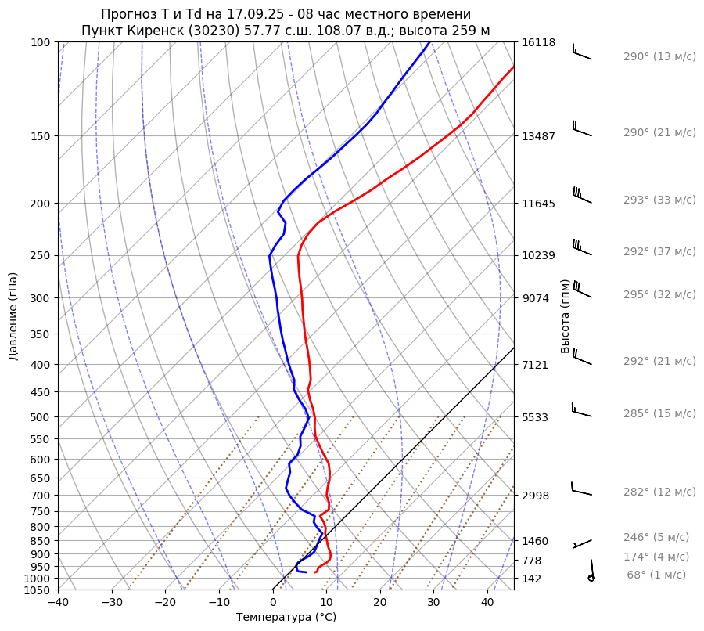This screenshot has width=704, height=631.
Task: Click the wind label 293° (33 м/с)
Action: [659, 200]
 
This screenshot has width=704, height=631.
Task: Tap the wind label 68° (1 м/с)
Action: [656, 575]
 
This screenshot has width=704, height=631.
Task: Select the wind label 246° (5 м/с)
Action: [656, 537]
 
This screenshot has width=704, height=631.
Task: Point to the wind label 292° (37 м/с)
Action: [659, 251]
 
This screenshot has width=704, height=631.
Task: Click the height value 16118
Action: [538, 42]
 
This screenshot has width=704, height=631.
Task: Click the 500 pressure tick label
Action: [41, 416]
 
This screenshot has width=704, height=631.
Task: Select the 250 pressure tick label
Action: [41, 255]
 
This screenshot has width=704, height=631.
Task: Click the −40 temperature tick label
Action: [58, 603]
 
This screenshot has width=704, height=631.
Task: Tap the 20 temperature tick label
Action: [380, 603]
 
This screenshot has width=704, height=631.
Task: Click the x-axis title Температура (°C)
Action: [286, 618]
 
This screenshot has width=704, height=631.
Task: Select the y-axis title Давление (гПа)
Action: [13, 315]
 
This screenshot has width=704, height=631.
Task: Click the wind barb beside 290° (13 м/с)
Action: [581, 52]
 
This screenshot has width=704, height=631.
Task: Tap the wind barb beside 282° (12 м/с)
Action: [581, 490]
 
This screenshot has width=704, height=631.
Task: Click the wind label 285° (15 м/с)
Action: [659, 413]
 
